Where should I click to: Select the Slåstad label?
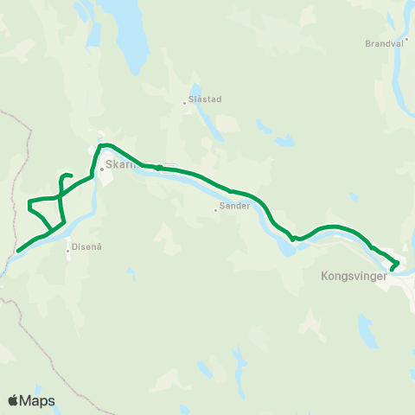pos(206,99)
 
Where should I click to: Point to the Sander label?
pos(235,206)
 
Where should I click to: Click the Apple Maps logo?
pos(31,401)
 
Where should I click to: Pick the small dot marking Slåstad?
pos(184,103)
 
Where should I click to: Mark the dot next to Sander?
pos(215,209)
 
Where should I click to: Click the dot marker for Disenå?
pos(68,252)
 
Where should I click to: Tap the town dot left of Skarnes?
pos(101,169)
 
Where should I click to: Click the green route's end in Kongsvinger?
pos(392,269)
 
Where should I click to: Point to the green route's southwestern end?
pos(17,252)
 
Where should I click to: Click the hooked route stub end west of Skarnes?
pos(69,177)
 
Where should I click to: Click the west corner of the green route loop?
pos(30,205)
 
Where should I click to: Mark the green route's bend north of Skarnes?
pos(102,145)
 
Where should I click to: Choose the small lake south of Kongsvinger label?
pos(367,329)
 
